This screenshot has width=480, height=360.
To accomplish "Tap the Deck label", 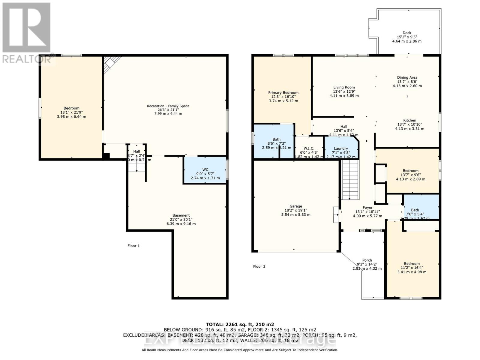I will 407,33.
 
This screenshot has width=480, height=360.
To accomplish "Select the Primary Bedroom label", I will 283,93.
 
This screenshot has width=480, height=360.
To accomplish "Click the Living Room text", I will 344,88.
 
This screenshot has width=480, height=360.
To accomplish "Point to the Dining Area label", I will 407,77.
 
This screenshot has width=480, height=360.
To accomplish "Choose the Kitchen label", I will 409,120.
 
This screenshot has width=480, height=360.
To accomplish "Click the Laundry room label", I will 341,148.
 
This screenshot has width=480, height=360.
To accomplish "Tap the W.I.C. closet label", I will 309,148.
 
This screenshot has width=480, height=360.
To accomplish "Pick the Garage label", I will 295,206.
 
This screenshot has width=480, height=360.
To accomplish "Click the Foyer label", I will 367,208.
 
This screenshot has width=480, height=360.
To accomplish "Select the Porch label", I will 367,260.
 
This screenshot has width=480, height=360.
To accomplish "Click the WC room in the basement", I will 205,170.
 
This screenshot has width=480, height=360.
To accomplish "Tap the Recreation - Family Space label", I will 168,106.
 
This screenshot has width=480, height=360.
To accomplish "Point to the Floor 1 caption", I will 133,246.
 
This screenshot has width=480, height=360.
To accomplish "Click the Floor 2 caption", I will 259,266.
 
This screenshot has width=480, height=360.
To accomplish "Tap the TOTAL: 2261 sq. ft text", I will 240,324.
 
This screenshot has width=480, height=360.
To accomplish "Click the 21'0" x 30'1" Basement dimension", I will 181,220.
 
